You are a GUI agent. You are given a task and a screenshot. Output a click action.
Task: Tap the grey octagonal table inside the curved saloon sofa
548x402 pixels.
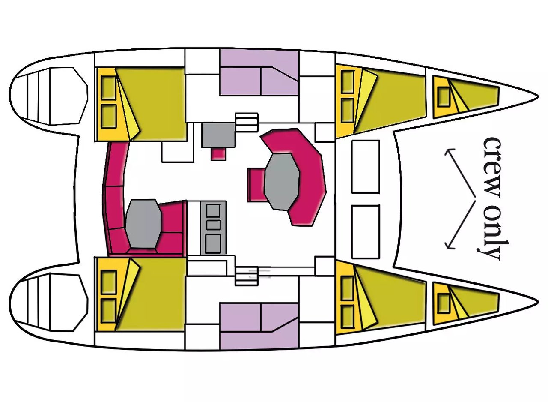point(282,182)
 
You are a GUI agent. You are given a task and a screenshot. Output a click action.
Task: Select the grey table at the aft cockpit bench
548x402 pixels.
point(143,224)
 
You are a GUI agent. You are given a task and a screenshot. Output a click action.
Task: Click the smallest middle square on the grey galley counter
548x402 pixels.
point(213,225)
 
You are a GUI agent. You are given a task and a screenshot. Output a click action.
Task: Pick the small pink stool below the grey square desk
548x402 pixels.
point(218,154)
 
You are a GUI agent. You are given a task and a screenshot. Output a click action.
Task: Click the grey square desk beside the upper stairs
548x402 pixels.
point(218,135)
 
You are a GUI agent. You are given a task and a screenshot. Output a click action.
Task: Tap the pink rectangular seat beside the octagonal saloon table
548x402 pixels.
point(256,185)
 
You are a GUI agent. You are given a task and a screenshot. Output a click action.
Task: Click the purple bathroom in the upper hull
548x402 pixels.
point(259,72)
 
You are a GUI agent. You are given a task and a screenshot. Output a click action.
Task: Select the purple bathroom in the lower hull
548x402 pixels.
point(259,326)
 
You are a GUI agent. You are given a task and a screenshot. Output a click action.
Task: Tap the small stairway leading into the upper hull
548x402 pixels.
point(247,123)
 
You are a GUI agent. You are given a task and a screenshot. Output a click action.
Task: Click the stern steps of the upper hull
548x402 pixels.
point(49,96)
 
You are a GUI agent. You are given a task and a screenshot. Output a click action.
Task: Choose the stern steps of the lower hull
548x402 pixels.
point(49,303)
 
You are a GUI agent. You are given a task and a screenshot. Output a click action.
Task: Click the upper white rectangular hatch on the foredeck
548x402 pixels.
point(366,166)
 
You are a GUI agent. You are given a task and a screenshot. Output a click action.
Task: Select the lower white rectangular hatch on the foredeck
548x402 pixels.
point(366,232)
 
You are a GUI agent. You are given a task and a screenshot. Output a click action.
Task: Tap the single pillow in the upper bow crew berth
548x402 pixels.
point(444,96)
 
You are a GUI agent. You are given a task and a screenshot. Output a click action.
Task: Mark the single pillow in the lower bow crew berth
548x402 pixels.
point(444,303)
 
